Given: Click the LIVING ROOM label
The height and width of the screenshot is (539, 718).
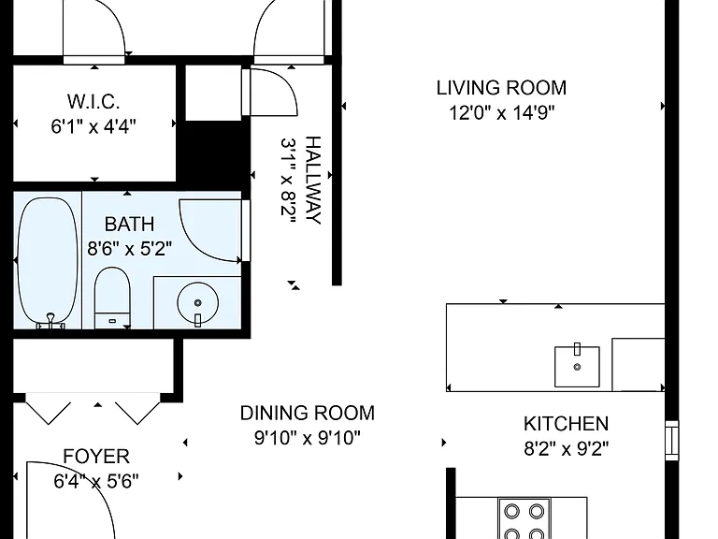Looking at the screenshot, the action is coord(501,88).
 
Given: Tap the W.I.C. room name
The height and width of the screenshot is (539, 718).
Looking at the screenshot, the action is coord(93,101).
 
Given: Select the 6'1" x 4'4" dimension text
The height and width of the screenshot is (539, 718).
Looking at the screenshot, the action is coord(93,126).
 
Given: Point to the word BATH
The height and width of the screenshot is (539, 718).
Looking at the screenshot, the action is coord(129,225).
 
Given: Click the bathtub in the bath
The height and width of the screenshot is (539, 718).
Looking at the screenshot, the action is coord(48,262).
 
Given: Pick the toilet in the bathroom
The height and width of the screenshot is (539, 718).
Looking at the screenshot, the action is coord(112,298).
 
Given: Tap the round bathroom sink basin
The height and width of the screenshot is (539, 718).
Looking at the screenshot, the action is coord(198,303).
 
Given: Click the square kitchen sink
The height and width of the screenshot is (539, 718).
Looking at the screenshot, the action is coord(577,367).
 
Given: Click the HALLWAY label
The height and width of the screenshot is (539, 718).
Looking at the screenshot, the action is coord(313,180).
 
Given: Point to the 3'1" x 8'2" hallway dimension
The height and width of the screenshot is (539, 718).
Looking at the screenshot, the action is coord(289,180).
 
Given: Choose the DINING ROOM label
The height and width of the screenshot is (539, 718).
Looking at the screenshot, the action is coord(308,413).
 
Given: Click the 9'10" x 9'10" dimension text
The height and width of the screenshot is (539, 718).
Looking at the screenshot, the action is coord(308,438).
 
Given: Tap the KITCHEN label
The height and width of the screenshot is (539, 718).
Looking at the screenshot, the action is coord(566,424).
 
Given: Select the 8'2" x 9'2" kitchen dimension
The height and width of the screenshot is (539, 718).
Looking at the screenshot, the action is coord(566,449).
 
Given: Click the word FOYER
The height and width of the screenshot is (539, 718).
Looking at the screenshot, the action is coord(96,457).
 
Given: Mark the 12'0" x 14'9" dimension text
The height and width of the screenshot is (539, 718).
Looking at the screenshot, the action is coord(501,112).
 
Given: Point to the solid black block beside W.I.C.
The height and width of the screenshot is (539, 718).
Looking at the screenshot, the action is coord(214,152).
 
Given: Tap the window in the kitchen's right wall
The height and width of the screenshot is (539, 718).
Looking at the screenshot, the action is coord(672,441).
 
